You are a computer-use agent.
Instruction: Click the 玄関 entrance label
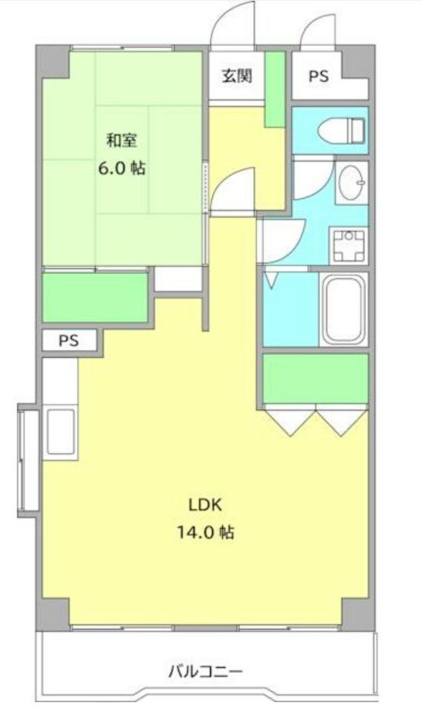pos(237,76)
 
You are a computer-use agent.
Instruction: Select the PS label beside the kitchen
pos(68,340)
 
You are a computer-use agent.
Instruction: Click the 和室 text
pos(121,140)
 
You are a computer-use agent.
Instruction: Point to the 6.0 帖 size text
pos(123,169)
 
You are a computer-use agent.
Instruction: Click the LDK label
pos(205,505)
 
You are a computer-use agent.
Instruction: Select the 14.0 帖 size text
pos(206,532)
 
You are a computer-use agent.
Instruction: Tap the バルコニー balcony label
pos(206,671)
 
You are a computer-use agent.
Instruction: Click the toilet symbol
pos(341,131)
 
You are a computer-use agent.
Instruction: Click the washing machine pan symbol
pos(348,246)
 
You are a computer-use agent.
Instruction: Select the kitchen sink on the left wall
pos(60,432)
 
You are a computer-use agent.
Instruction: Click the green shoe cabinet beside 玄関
pos(275,89)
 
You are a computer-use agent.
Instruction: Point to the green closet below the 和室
pos(96,297)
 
